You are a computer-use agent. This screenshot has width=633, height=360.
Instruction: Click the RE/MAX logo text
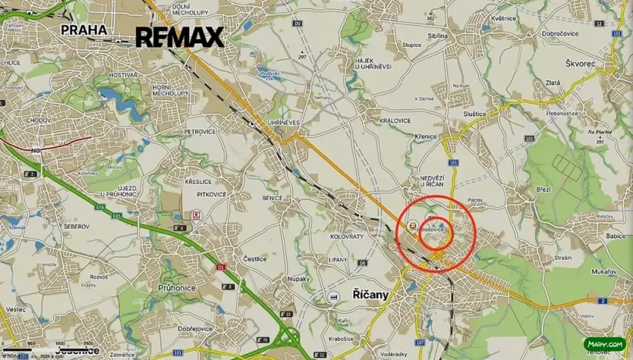[x=179, y=37]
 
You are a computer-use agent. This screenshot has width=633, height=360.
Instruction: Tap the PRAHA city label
[x=83, y=30]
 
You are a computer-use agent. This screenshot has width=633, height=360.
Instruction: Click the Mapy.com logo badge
[x=604, y=345]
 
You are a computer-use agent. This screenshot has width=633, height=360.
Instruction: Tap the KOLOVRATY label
[x=346, y=236]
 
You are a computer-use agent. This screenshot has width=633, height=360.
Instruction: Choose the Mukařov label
[x=604, y=272]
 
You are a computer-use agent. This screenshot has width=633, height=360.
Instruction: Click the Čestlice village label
[x=255, y=258]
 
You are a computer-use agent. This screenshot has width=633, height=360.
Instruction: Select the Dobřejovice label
[x=195, y=328]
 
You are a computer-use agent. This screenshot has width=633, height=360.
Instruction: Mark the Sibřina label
[x=437, y=35]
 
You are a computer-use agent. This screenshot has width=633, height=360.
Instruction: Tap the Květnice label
[x=504, y=18]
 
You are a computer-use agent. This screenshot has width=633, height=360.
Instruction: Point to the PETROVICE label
[x=200, y=132]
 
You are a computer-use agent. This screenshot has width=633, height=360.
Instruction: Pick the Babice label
[x=615, y=236]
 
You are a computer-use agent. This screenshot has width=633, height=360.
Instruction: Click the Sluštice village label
[x=474, y=114]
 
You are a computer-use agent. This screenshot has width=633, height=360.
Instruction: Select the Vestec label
[x=15, y=309]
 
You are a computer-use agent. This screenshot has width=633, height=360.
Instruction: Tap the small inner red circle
[x=436, y=233]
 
